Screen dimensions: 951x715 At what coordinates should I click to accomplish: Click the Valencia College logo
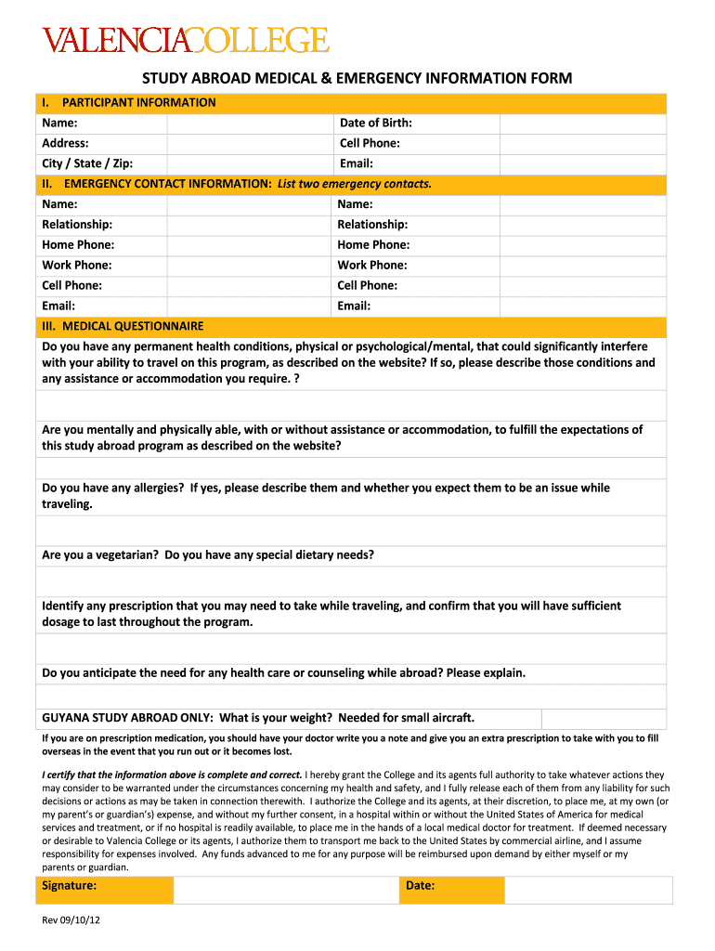(185, 40)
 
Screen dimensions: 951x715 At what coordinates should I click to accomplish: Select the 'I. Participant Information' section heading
(129, 102)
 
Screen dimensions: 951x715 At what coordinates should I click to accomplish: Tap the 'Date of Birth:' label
(375, 123)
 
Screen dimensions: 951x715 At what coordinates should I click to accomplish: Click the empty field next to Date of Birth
(582, 124)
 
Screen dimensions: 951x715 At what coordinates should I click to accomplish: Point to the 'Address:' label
(65, 143)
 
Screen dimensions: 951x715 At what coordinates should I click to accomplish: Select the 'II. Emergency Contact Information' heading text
(158, 184)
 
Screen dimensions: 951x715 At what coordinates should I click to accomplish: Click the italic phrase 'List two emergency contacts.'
(355, 184)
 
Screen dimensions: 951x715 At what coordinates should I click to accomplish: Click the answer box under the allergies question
(350, 530)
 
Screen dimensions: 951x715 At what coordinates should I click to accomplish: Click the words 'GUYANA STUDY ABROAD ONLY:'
(127, 718)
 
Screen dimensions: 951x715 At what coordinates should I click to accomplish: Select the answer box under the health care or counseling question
(350, 697)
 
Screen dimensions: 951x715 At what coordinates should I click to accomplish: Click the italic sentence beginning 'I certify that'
(173, 775)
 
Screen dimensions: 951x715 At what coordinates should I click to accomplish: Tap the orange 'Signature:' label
(70, 886)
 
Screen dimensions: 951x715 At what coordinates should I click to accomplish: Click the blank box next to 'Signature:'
(285, 890)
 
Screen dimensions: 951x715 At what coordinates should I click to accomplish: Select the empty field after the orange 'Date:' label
(588, 890)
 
